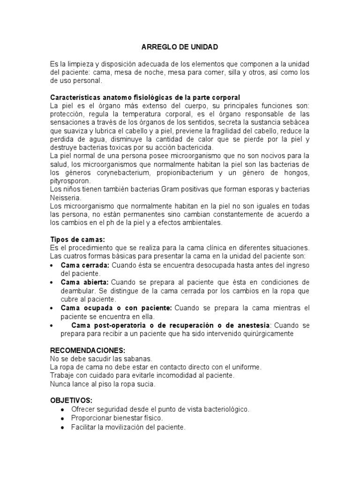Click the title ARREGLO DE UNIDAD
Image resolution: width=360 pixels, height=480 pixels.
(x=180, y=47)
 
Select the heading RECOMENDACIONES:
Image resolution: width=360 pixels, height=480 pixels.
(x=88, y=350)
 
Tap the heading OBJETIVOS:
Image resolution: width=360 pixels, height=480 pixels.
(x=71, y=400)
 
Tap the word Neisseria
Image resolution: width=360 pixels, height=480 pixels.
(x=65, y=198)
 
